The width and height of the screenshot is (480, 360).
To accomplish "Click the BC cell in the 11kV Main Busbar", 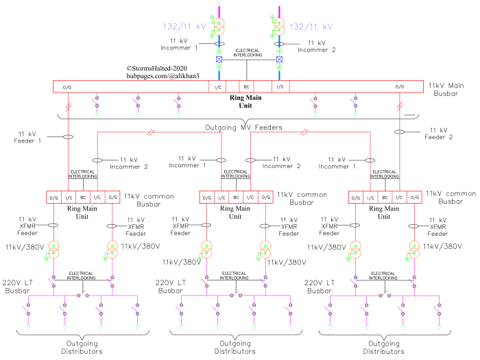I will click(x=247, y=86).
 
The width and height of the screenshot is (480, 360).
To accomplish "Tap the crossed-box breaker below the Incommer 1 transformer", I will click(x=219, y=60).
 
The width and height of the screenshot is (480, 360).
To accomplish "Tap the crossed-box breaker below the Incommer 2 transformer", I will click(x=279, y=60).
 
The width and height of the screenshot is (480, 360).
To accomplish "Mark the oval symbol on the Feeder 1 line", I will click(x=68, y=137).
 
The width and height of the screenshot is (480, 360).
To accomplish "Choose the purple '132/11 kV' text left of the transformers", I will click(x=183, y=27).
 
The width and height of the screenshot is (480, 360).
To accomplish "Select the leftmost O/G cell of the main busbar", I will click(x=67, y=86).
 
